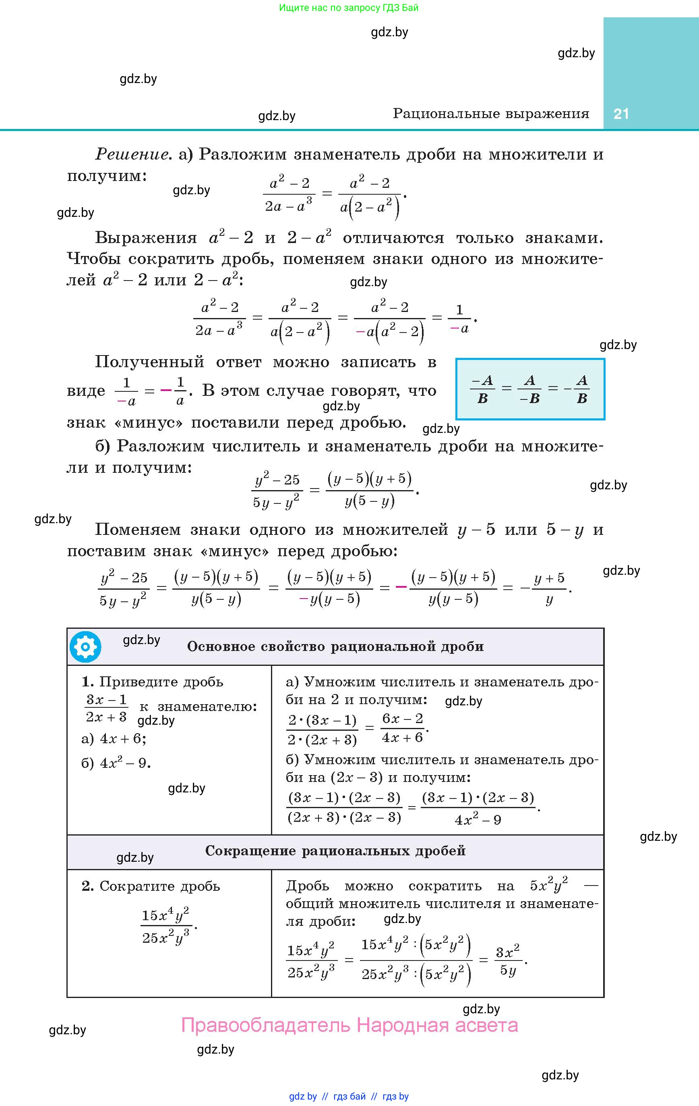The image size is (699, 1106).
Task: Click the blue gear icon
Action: coord(85,647)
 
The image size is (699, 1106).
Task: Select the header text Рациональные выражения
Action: coord(491,113)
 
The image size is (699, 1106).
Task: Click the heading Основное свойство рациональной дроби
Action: coord(335,647)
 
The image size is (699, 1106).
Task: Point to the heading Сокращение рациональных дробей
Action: coord(335,850)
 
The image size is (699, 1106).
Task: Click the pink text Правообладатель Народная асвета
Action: coord(349,1025)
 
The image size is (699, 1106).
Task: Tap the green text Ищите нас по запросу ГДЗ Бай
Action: coord(349,7)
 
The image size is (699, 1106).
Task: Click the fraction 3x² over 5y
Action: coord(508,960)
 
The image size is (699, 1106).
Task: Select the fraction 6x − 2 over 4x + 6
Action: coord(403,728)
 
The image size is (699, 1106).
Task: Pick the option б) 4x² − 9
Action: coord(116,763)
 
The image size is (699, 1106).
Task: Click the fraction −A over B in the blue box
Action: coord(482,389)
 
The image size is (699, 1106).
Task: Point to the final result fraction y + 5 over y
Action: coord(549,588)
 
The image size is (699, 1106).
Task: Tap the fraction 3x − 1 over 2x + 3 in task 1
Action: coord(106,708)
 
